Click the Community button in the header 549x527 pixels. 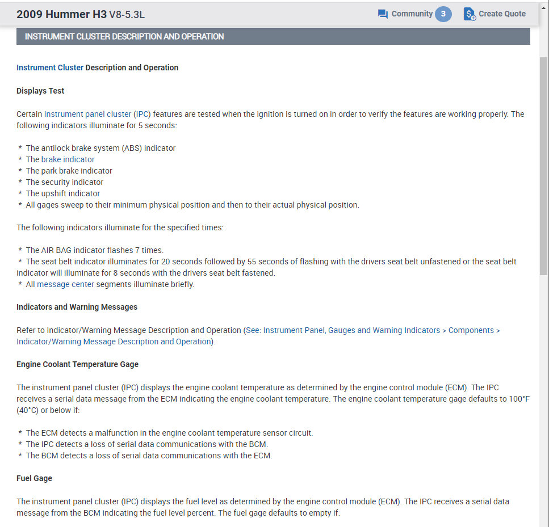coord(405,14)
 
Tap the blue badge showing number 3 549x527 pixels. coord(443,14)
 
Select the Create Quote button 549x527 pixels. coord(494,14)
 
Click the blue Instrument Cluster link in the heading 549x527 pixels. coord(50,68)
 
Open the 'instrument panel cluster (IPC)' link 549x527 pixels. coord(98,114)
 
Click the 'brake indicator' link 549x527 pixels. coord(68,159)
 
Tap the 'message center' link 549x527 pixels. coord(65,284)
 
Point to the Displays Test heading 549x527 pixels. coord(40,91)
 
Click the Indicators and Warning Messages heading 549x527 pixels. coord(77,307)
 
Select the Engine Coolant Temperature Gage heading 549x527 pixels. coord(77,364)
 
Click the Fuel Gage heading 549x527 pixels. coord(34,478)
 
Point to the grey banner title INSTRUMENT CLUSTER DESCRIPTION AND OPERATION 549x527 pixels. coord(124,36)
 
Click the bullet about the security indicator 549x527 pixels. coord(64,182)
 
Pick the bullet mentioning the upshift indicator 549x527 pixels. coord(62,193)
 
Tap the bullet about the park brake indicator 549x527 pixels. coord(69,171)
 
